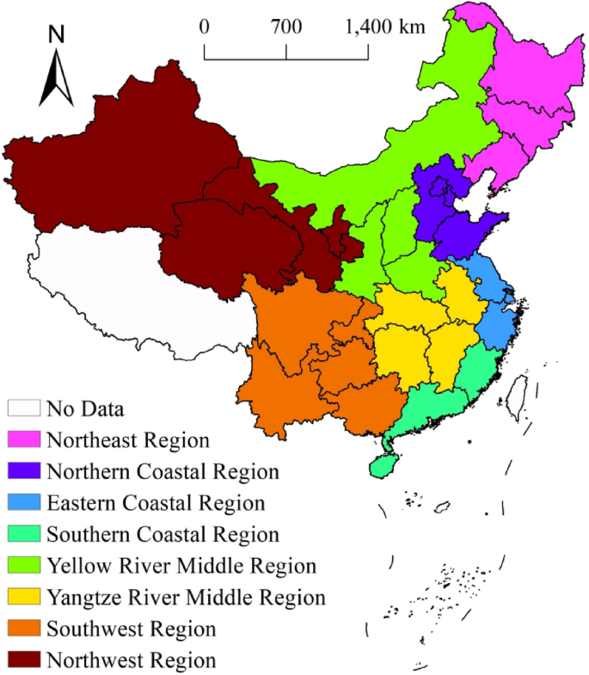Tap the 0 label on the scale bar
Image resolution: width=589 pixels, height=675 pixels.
point(205,27)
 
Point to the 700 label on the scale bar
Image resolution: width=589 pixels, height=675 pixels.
point(286,27)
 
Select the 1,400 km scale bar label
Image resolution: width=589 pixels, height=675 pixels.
point(385,27)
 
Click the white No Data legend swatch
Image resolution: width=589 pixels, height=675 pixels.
point(24,408)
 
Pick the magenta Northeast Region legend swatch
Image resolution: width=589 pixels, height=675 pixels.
point(24,439)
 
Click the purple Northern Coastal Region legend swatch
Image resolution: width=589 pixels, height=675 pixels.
point(24,471)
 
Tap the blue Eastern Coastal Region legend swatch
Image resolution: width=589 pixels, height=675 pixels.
point(24,503)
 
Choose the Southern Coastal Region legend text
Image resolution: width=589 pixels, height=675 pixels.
point(163,535)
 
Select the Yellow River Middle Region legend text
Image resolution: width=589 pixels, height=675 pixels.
point(181,566)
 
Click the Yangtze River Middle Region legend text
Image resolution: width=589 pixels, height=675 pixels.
point(187,598)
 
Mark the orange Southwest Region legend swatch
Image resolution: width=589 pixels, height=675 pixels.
point(24,629)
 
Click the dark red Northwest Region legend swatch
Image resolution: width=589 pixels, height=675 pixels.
point(24,660)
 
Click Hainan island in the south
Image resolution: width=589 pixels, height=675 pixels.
point(384,465)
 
